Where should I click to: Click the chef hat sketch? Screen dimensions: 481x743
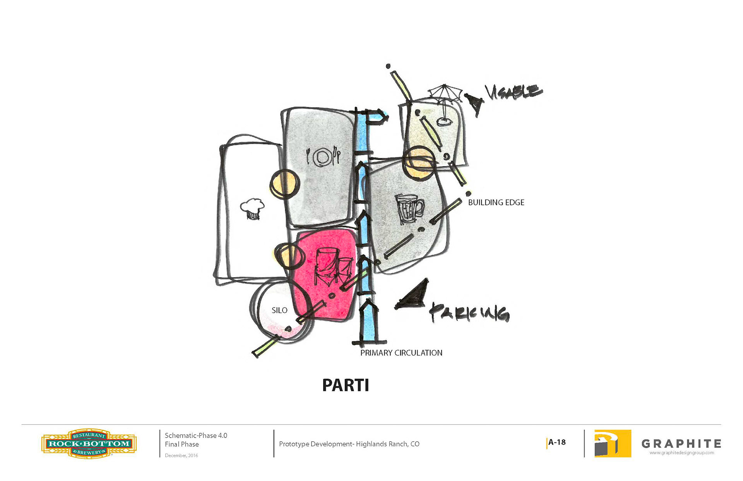click(x=252, y=209)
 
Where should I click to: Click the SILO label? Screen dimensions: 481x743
click(x=279, y=310)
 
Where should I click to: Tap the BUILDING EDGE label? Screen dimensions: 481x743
click(x=496, y=203)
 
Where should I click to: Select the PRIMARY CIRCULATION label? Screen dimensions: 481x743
click(x=401, y=353)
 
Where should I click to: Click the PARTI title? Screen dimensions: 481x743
click(x=346, y=385)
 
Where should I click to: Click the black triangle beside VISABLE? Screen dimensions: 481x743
click(x=474, y=103)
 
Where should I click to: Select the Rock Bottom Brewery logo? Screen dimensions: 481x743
click(x=89, y=444)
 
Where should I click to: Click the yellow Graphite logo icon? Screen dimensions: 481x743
click(x=613, y=444)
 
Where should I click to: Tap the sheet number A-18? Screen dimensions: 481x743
click(x=557, y=442)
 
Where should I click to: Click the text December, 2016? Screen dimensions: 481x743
click(x=181, y=455)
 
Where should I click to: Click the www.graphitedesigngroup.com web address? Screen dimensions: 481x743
click(x=681, y=453)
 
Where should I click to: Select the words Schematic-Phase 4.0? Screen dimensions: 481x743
click(x=196, y=435)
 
